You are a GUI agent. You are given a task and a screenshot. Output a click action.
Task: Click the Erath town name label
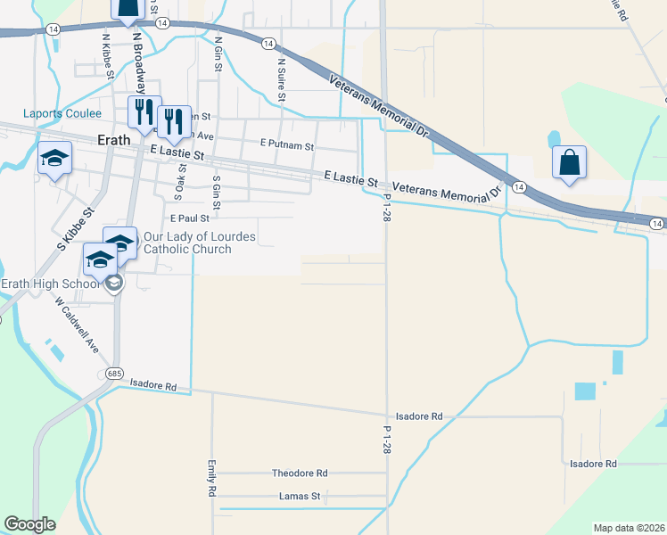pyautogui.click(x=114, y=140)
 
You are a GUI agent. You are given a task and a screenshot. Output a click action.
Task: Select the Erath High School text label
pyautogui.click(x=50, y=284)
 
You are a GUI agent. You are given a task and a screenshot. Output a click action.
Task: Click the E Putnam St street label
pyautogui.click(x=287, y=144)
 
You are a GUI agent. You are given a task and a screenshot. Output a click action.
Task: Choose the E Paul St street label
pyautogui.click(x=189, y=218)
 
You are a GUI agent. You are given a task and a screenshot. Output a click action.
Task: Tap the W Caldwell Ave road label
pyautogui.click(x=76, y=325)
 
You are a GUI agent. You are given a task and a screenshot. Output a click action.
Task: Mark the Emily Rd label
pyautogui.click(x=212, y=479)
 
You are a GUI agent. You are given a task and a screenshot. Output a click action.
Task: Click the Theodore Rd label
pyautogui.click(x=300, y=473)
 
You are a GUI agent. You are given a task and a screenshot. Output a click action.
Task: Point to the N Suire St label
pyautogui.click(x=281, y=76)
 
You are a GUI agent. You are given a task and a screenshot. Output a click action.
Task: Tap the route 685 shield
pyautogui.click(x=112, y=372)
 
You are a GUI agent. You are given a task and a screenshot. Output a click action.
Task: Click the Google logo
pyautogui.click(x=29, y=524)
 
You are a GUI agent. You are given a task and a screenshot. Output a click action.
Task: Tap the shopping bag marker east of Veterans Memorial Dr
pyautogui.click(x=569, y=163)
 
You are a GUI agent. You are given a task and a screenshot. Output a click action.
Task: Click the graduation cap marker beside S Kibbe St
pyautogui.click(x=55, y=159)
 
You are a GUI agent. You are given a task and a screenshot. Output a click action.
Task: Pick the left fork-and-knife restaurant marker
pyautogui.click(x=144, y=111)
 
